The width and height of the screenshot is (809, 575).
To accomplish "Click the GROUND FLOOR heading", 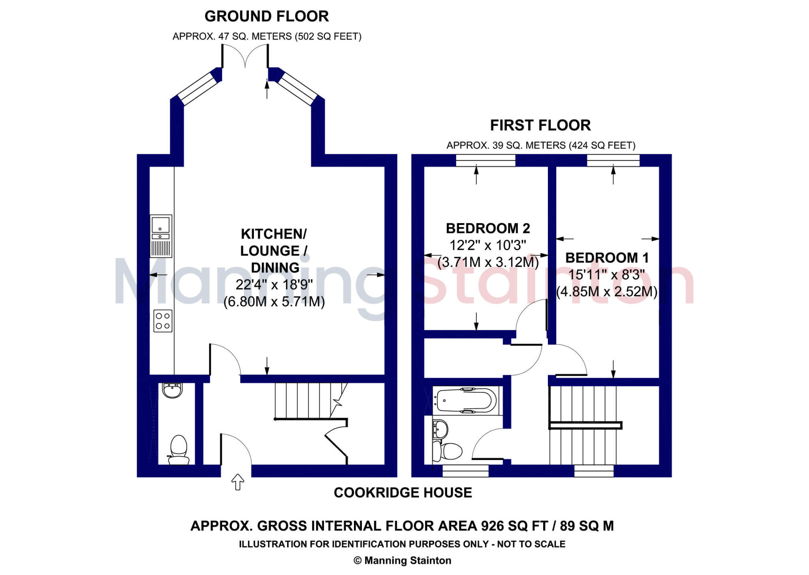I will pyautogui.click(x=267, y=16).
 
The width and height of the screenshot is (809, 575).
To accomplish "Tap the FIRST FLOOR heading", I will pyautogui.click(x=540, y=125).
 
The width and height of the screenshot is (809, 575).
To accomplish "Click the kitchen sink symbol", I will pyautogui.click(x=161, y=236).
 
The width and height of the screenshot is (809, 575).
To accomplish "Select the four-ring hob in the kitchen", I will pyautogui.click(x=163, y=321).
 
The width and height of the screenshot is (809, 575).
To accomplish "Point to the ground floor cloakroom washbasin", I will pyautogui.click(x=172, y=390).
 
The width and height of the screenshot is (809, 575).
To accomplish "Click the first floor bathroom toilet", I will pyautogui.click(x=448, y=451).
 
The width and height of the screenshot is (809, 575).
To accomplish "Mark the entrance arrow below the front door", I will pyautogui.click(x=237, y=482).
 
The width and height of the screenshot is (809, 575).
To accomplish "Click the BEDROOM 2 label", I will pyautogui.click(x=488, y=229).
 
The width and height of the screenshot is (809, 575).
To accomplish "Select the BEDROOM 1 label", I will pyautogui.click(x=607, y=258).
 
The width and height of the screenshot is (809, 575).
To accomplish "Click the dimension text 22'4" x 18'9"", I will pyautogui.click(x=274, y=284).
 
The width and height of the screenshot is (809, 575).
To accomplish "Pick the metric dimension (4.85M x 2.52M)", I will pyautogui.click(x=607, y=292).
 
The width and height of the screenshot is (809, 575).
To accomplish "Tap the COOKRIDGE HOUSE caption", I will pyautogui.click(x=403, y=493).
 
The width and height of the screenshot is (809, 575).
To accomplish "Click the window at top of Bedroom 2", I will pyautogui.click(x=485, y=160).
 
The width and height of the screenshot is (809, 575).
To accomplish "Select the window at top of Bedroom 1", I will pyautogui.click(x=613, y=160).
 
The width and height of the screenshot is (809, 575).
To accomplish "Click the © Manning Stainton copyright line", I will pyautogui.click(x=402, y=560).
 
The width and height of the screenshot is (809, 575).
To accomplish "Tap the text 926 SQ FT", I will pyautogui.click(x=514, y=526).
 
